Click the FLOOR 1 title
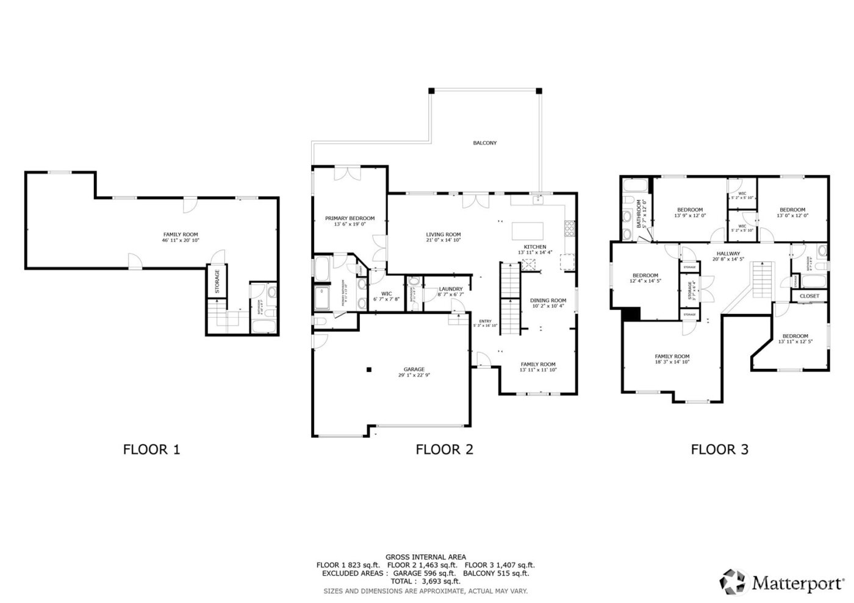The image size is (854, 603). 152,449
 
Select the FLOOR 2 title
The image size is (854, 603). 444,449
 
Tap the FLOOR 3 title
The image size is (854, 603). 719,449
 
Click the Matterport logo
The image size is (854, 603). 783,583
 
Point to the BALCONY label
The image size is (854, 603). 485,143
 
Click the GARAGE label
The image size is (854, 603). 414,369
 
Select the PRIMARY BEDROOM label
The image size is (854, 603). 350,218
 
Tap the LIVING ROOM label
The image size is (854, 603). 443,234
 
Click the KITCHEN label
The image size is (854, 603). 535,246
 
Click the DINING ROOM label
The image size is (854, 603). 548,300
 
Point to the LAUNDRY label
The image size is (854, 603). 451,288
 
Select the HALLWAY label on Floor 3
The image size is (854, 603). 728,253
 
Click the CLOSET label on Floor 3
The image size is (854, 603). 809,296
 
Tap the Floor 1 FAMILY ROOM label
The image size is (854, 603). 180,234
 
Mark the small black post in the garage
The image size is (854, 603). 368,369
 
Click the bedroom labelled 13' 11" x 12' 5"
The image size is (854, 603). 795,338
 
